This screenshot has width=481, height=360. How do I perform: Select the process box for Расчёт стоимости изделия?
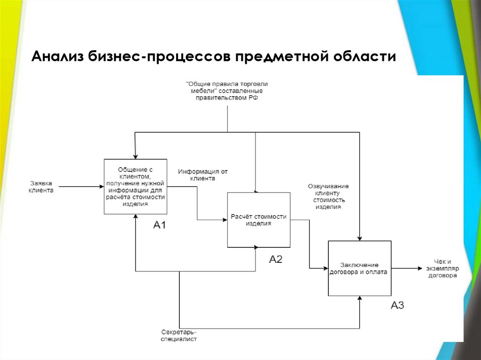258,220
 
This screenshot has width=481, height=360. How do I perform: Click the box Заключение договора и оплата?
359,268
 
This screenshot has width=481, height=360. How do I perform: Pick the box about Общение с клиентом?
135,187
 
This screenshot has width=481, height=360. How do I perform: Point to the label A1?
160,226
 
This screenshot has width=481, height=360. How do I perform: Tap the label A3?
397,306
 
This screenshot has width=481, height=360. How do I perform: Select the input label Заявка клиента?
41,187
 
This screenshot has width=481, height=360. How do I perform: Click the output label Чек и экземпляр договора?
442,269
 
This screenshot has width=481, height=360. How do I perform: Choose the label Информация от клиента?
202,175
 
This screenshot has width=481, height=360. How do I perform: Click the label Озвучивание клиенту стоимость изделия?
328,196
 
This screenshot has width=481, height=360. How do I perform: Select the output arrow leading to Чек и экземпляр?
406,268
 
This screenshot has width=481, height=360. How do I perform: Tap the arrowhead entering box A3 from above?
360,238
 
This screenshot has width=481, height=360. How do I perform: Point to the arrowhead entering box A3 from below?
360,299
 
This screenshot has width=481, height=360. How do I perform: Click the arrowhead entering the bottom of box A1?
135,217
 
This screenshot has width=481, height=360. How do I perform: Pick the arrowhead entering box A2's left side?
224,220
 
